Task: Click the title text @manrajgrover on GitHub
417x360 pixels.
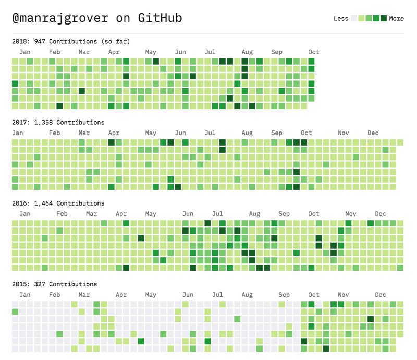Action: [97, 18]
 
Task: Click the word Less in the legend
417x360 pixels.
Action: [340, 19]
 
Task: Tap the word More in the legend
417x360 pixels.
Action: [396, 19]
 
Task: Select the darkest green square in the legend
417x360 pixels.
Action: [384, 18]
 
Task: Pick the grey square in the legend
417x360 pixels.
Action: [354, 18]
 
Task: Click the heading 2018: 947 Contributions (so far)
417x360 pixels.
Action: [71, 41]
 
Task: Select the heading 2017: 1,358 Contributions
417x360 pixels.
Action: [58, 122]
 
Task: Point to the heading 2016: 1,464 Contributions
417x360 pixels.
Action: [58, 203]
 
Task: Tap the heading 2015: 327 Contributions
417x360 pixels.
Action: [54, 284]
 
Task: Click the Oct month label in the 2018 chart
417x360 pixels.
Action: [313, 52]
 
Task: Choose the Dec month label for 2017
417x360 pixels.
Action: [373, 133]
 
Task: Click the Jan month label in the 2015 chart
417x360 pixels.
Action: [24, 295]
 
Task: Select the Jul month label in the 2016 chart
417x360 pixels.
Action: [217, 214]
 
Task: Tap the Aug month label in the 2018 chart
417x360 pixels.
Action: [247, 52]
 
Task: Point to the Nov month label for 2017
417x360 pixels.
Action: [343, 133]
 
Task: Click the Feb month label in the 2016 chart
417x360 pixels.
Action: [62, 214]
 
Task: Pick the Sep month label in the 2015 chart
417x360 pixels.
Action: [284, 295]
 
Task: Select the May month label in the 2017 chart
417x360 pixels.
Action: [151, 133]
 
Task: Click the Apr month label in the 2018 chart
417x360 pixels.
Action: [114, 52]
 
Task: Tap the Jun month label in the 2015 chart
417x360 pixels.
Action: [188, 295]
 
